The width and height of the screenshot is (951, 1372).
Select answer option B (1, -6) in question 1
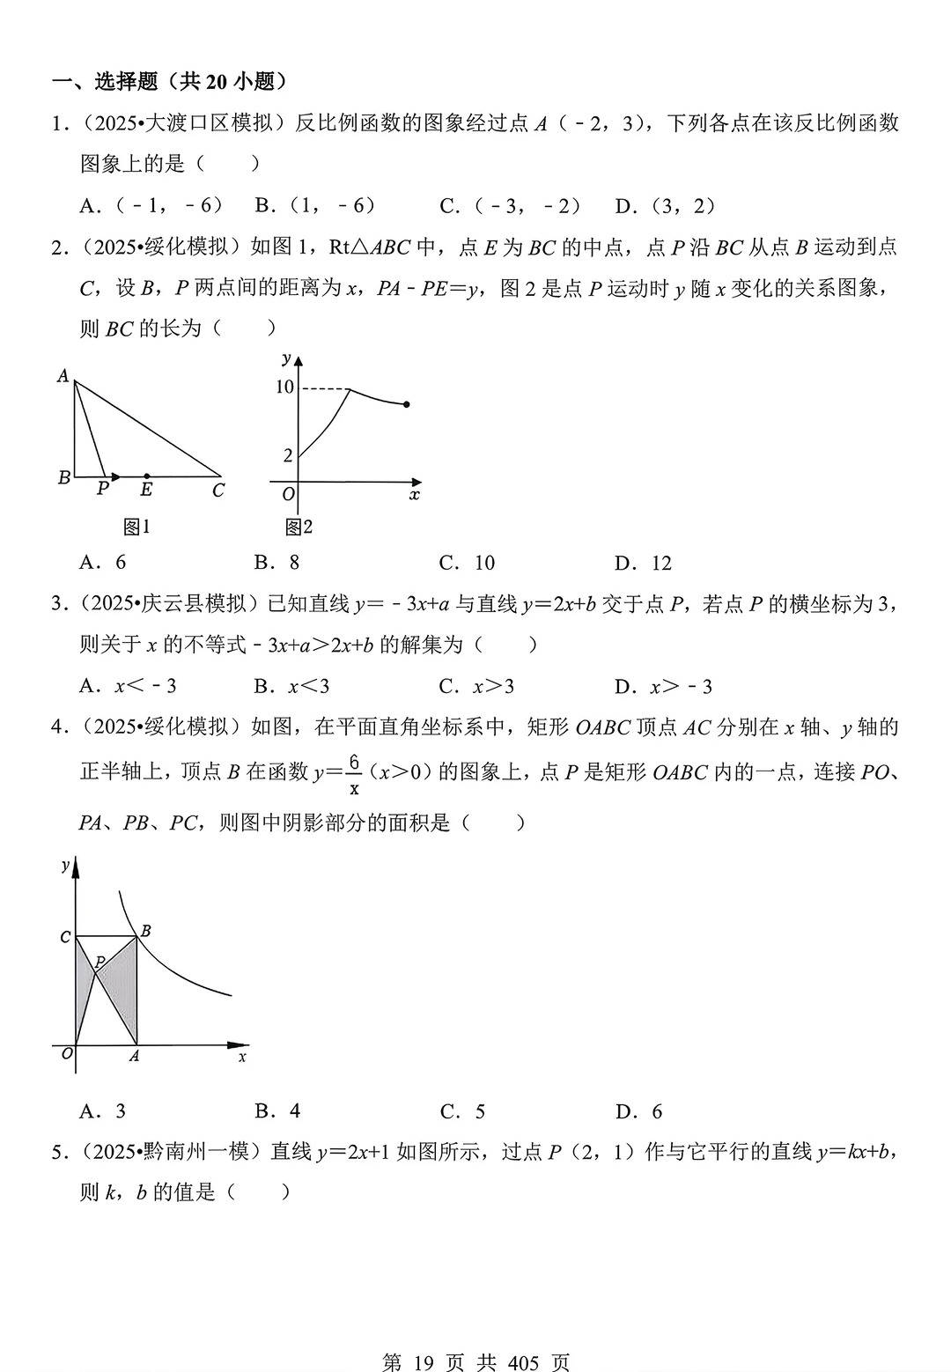[x=316, y=206]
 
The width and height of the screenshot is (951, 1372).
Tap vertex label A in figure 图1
[x=63, y=376]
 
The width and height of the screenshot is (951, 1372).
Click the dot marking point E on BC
[x=146, y=476]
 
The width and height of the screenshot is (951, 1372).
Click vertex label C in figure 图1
[x=218, y=491]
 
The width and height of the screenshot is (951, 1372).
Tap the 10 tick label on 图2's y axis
[x=284, y=387]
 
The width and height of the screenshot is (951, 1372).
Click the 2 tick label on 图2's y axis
[x=287, y=455]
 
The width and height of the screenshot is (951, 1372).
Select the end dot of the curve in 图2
[x=406, y=404]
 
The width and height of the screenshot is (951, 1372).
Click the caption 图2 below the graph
[x=299, y=527]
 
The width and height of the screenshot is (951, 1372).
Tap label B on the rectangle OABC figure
[x=145, y=931]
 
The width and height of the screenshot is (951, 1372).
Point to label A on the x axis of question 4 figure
[x=134, y=1056]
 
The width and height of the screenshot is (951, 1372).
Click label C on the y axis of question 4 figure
[x=65, y=937]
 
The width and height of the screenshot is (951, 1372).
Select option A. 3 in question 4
[x=103, y=1111]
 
